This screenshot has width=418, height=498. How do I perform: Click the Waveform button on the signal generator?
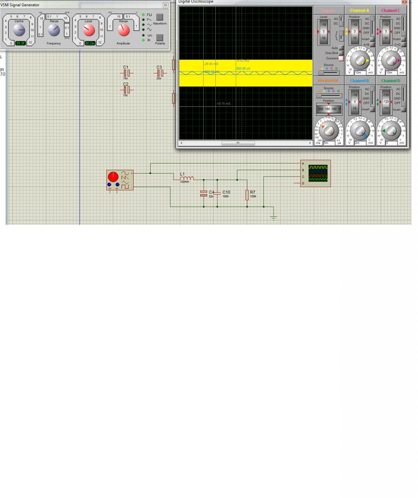coord(159,17)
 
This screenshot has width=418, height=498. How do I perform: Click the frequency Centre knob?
coord(19,31)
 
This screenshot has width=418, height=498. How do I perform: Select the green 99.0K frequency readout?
coord(20,43)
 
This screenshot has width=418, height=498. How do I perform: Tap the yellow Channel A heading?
coord(360,10)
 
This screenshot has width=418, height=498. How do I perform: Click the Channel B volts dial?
coord(360,130)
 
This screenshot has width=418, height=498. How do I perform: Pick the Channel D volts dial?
coord(391,130)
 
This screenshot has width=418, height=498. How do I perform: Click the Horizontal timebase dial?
coord(329,130)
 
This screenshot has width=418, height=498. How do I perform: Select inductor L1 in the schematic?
coord(187,178)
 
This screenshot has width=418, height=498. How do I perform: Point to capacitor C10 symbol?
coord(217,193)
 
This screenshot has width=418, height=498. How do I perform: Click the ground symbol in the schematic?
coord(274,217)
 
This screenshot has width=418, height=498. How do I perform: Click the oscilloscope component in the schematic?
coord(315,173)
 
